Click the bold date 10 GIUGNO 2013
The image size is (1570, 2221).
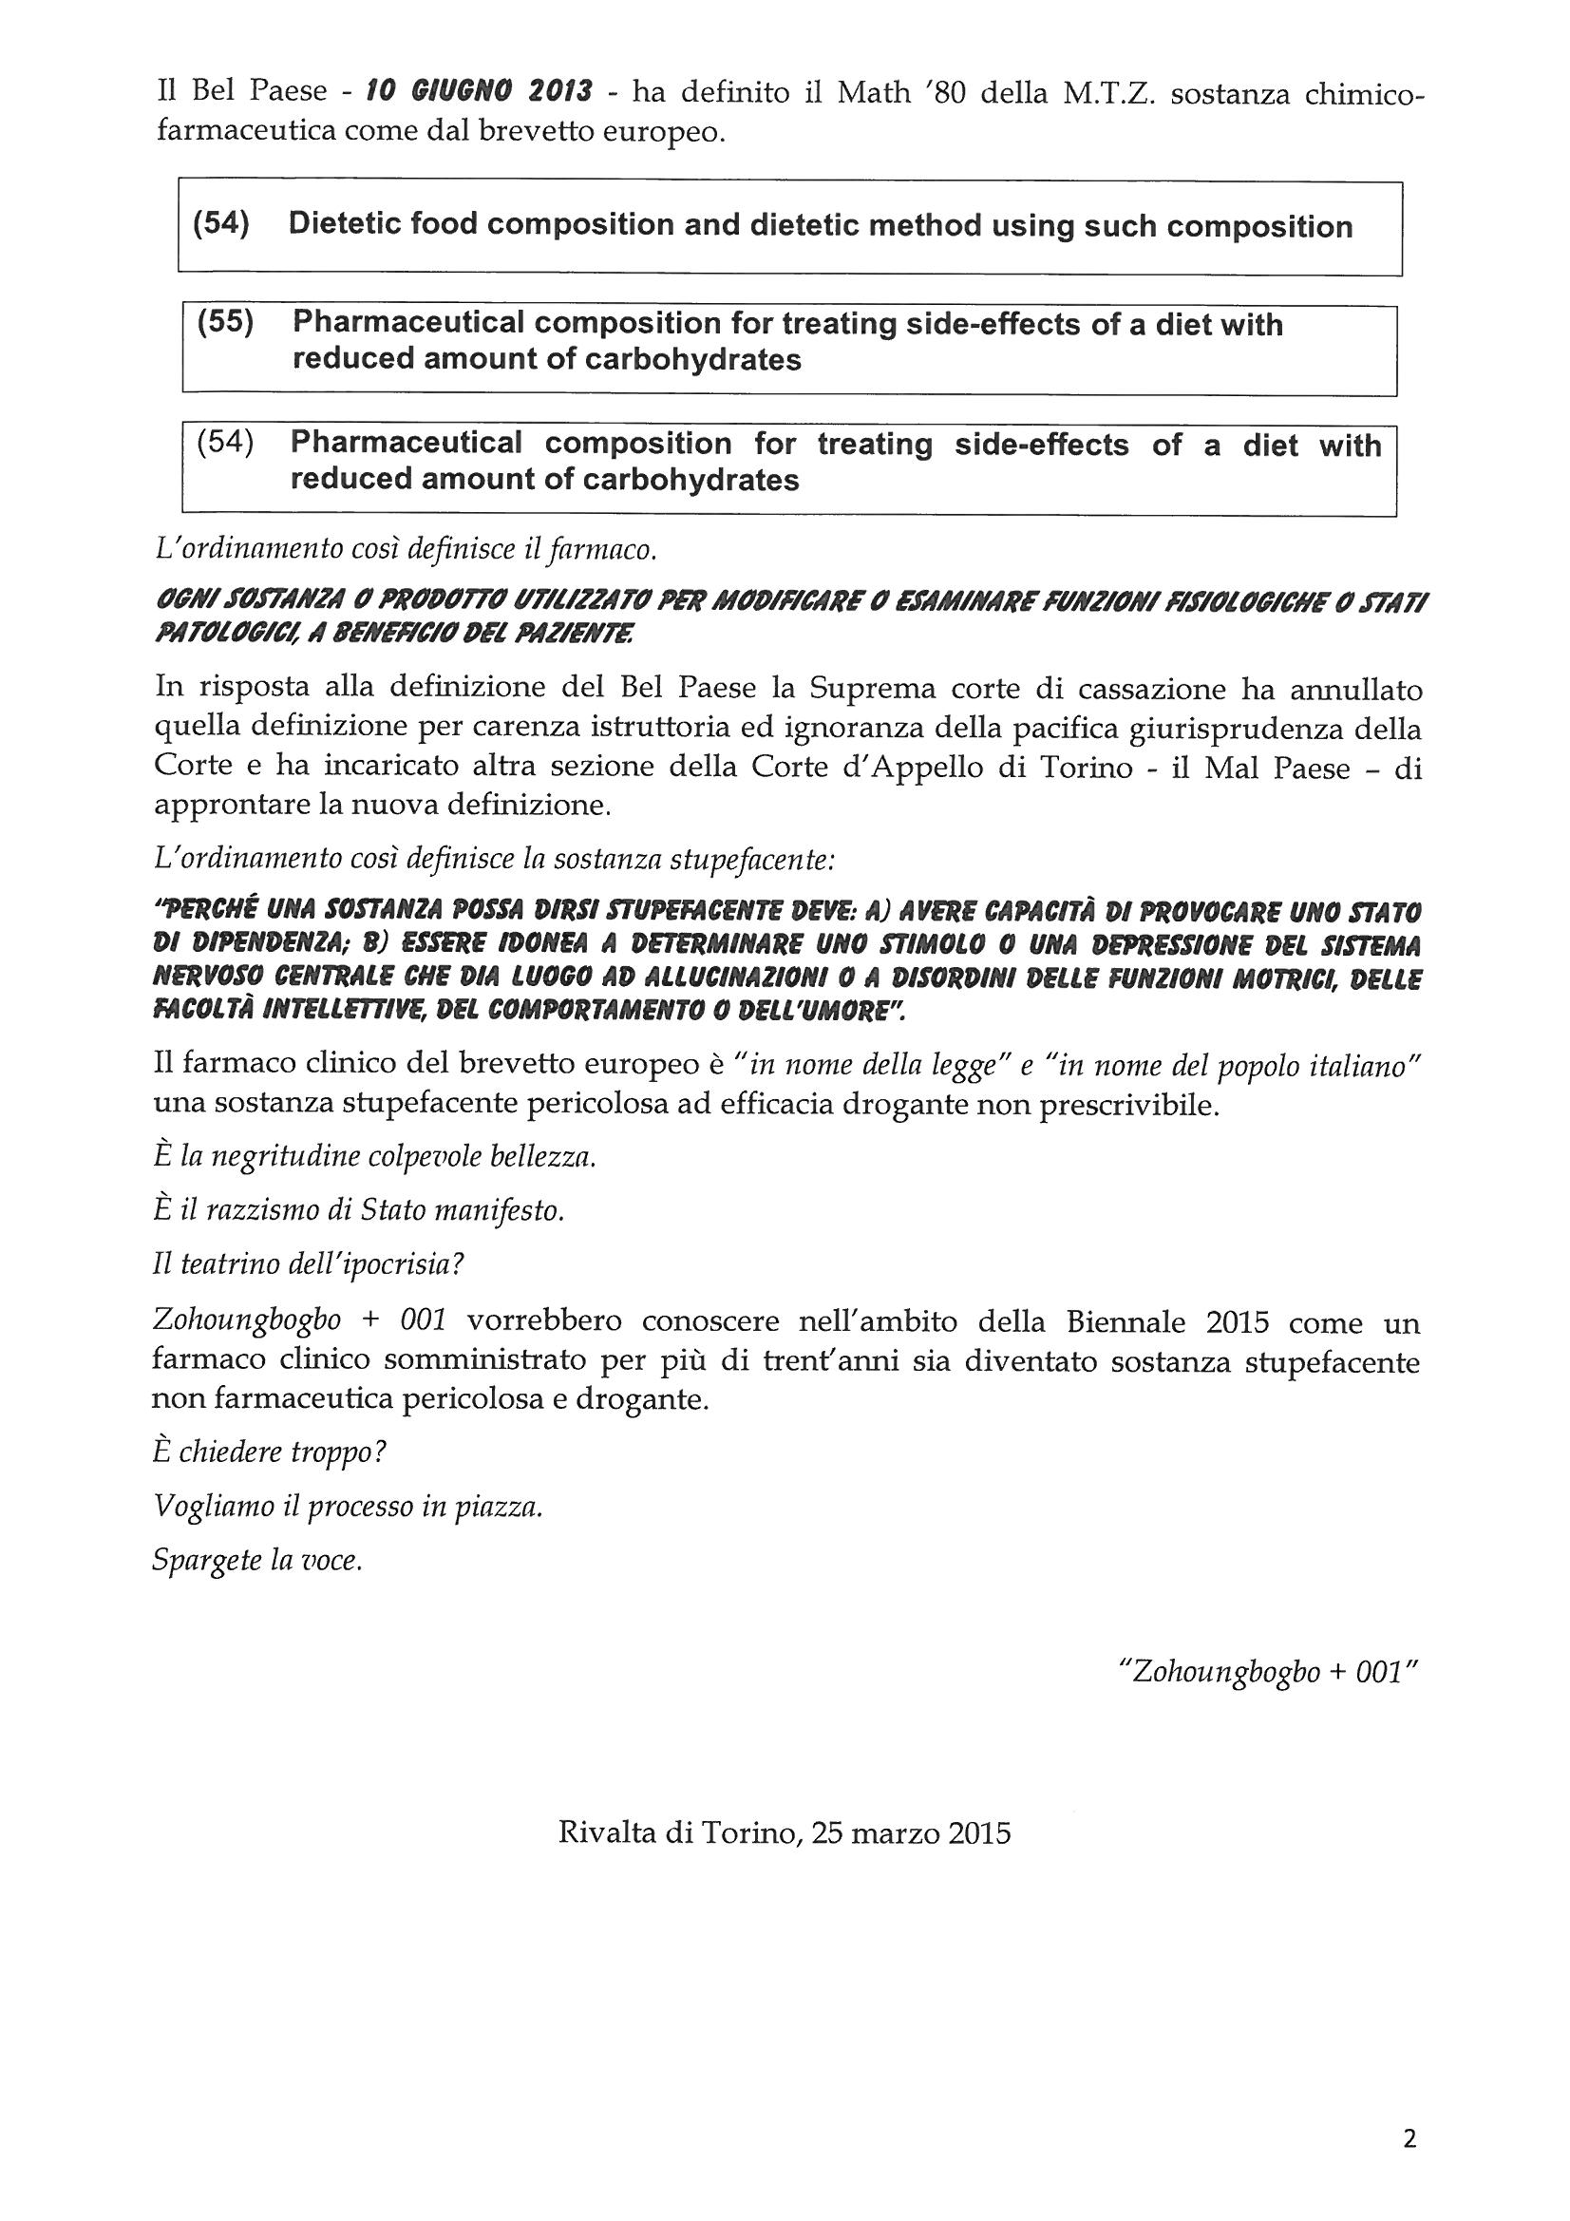coord(480,93)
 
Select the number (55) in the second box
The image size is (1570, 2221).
coord(224,322)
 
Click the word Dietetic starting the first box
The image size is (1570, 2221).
coord(344,224)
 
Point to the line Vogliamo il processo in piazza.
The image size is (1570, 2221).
coord(348,1506)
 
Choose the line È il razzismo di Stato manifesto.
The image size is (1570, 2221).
coord(358,1210)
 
